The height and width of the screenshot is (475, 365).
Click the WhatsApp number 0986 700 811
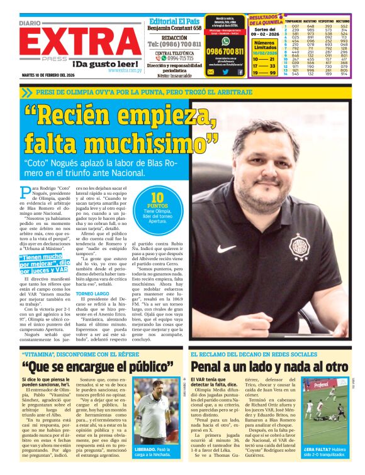[x=225, y=52]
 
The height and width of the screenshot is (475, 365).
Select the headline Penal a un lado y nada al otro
[x=269, y=366]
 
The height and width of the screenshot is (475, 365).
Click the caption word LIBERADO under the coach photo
[x=147, y=449]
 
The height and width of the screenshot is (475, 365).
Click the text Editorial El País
[x=175, y=20]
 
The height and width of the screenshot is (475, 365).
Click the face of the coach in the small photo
[x=155, y=393]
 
